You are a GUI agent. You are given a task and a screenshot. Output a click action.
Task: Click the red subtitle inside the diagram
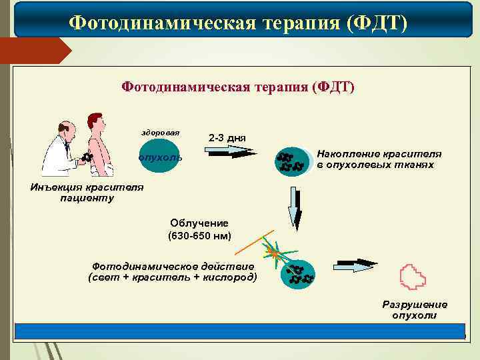point(238,87)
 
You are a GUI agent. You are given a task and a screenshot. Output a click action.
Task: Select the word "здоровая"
point(159,132)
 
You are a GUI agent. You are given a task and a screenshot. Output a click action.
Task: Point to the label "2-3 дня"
point(227,138)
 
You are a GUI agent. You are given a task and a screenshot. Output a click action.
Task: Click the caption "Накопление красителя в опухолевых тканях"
point(379,159)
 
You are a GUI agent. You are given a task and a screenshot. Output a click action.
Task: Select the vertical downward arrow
point(293,207)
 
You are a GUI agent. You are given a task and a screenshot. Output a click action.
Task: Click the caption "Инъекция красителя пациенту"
point(87,192)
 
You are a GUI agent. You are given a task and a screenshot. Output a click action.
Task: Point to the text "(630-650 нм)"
point(199,235)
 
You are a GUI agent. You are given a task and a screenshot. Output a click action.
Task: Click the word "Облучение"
point(199,223)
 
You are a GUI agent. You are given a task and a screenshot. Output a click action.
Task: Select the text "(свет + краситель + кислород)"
point(173,277)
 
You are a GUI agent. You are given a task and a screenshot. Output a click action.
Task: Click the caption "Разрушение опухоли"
point(414,309)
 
